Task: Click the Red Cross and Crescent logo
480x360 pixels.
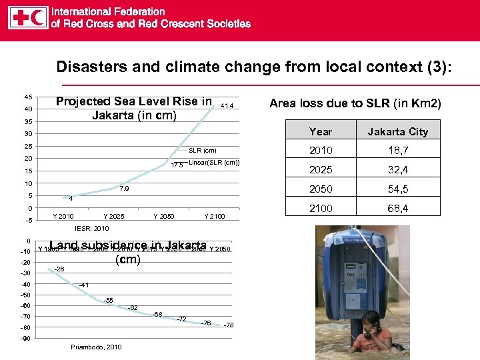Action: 28,18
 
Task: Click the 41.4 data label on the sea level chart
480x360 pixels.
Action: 227,106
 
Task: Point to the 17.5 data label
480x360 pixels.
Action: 177,166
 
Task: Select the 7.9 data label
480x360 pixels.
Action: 123,189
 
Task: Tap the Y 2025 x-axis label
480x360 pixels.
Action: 114,217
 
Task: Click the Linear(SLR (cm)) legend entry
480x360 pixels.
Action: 214,163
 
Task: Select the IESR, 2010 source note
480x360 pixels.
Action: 92,228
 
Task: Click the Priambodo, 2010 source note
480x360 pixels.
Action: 96,347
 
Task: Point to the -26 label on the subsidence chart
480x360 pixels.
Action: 59,269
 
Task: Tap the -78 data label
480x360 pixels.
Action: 228,325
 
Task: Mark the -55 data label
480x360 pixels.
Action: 107,301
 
